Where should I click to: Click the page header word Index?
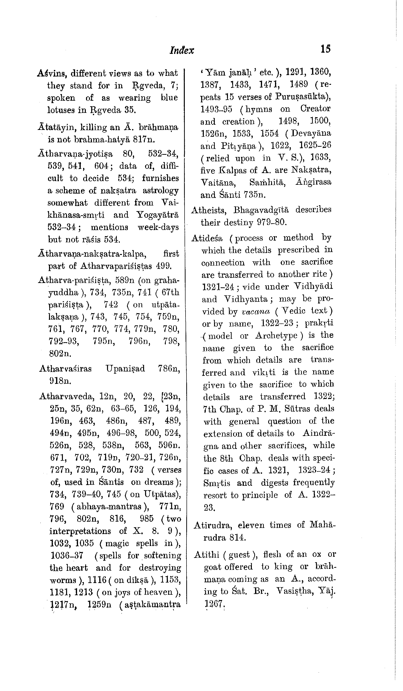click(182, 50)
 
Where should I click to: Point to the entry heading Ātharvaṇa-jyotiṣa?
click(75, 154)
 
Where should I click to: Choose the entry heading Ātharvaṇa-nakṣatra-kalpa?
click(92, 254)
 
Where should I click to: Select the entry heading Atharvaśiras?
click(65, 369)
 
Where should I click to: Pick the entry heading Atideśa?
click(207, 238)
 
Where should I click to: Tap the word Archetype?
click(276, 336)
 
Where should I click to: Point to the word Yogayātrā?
click(157, 215)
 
